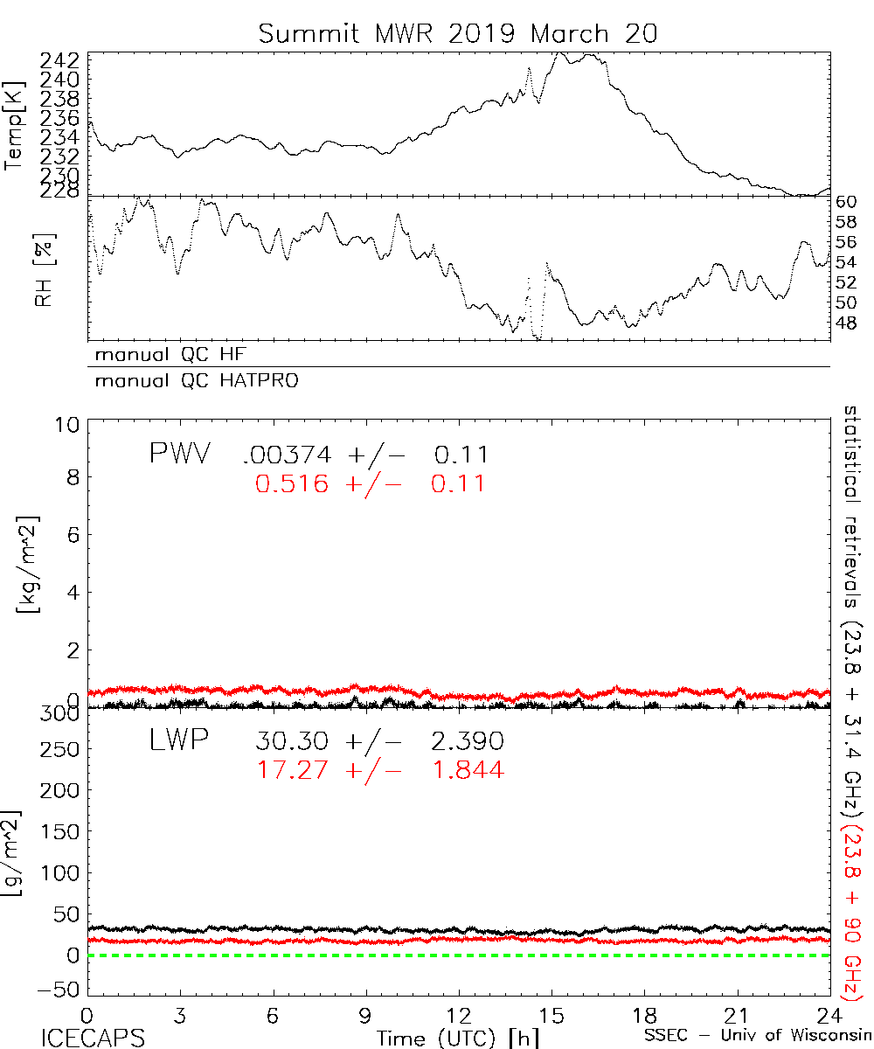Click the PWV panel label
click(178, 455)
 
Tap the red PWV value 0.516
click(293, 483)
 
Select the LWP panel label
click(177, 740)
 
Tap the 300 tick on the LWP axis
click(59, 713)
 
